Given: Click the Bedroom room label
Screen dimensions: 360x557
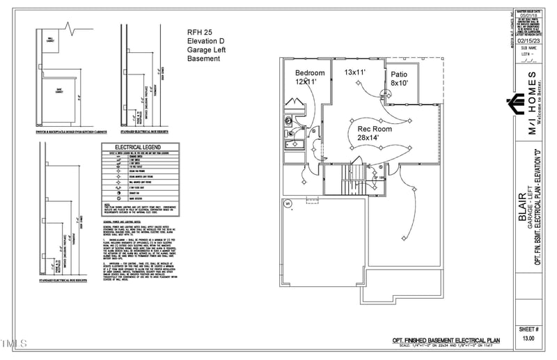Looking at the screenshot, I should pyautogui.click(x=310, y=73).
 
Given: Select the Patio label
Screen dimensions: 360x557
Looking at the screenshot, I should pyautogui.click(x=398, y=75).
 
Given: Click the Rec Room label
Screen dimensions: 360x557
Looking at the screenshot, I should pyautogui.click(x=375, y=129).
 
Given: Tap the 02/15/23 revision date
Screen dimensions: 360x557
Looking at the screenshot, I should pyautogui.click(x=528, y=41).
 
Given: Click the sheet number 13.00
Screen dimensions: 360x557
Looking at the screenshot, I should pyautogui.click(x=528, y=338).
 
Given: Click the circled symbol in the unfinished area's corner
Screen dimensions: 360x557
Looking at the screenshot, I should pyautogui.click(x=288, y=203).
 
